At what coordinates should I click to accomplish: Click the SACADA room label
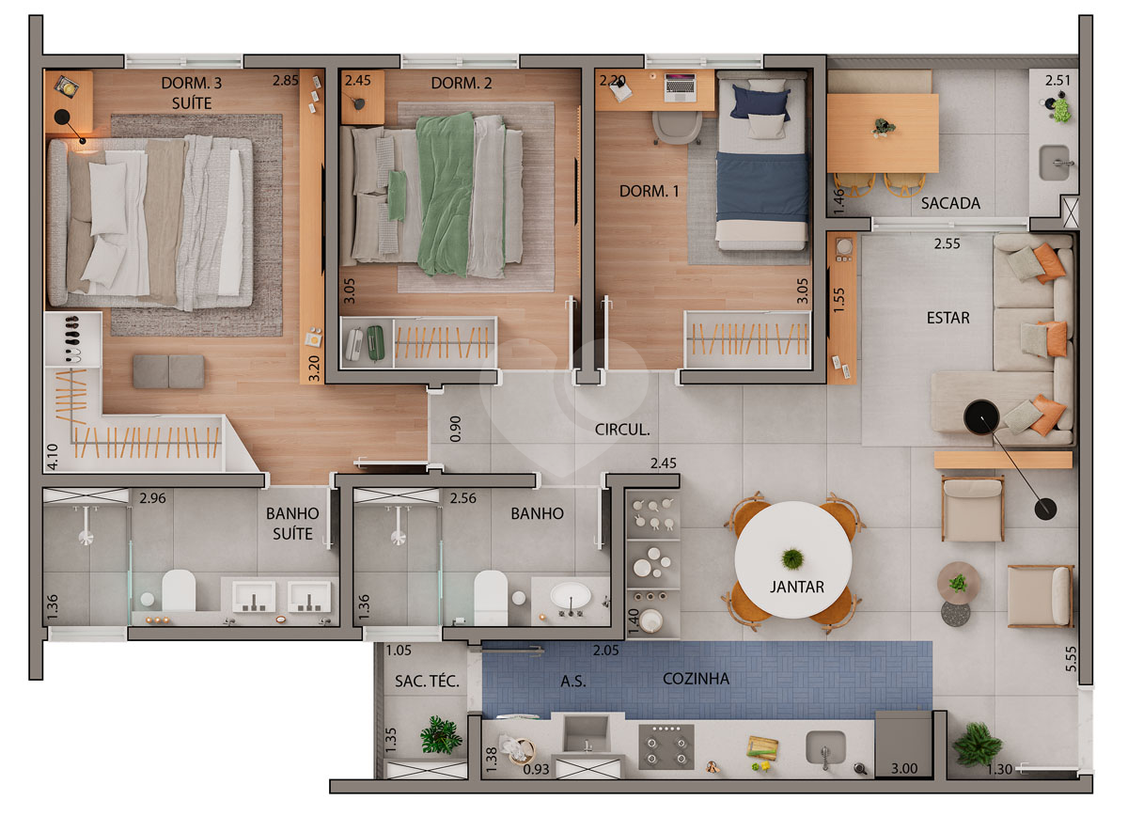click(x=950, y=203)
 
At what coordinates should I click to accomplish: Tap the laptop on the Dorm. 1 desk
click(x=680, y=87)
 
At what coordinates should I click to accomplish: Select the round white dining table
click(x=792, y=559)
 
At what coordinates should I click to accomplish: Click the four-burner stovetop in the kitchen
click(x=666, y=746)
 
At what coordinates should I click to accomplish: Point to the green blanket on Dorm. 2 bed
click(x=446, y=195)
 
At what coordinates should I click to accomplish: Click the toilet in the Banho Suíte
click(x=179, y=589)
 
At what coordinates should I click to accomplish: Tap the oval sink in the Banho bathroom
click(x=571, y=596)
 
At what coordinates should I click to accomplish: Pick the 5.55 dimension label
click(x=1071, y=659)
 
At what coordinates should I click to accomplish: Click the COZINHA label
click(x=696, y=679)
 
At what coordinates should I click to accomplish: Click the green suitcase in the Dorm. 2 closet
click(x=375, y=343)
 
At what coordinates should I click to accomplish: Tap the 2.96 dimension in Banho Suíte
click(x=152, y=498)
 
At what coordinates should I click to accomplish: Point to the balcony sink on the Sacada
click(x=1054, y=163)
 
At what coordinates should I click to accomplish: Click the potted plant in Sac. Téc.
click(x=441, y=735)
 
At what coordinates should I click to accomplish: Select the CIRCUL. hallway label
click(x=622, y=430)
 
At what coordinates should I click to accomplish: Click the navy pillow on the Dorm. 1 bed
click(x=760, y=102)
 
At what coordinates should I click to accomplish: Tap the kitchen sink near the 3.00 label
click(x=825, y=747)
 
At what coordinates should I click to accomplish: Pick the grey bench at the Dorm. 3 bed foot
click(x=168, y=371)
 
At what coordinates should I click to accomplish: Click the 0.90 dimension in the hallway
click(x=455, y=429)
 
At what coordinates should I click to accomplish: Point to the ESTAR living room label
click(x=948, y=318)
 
